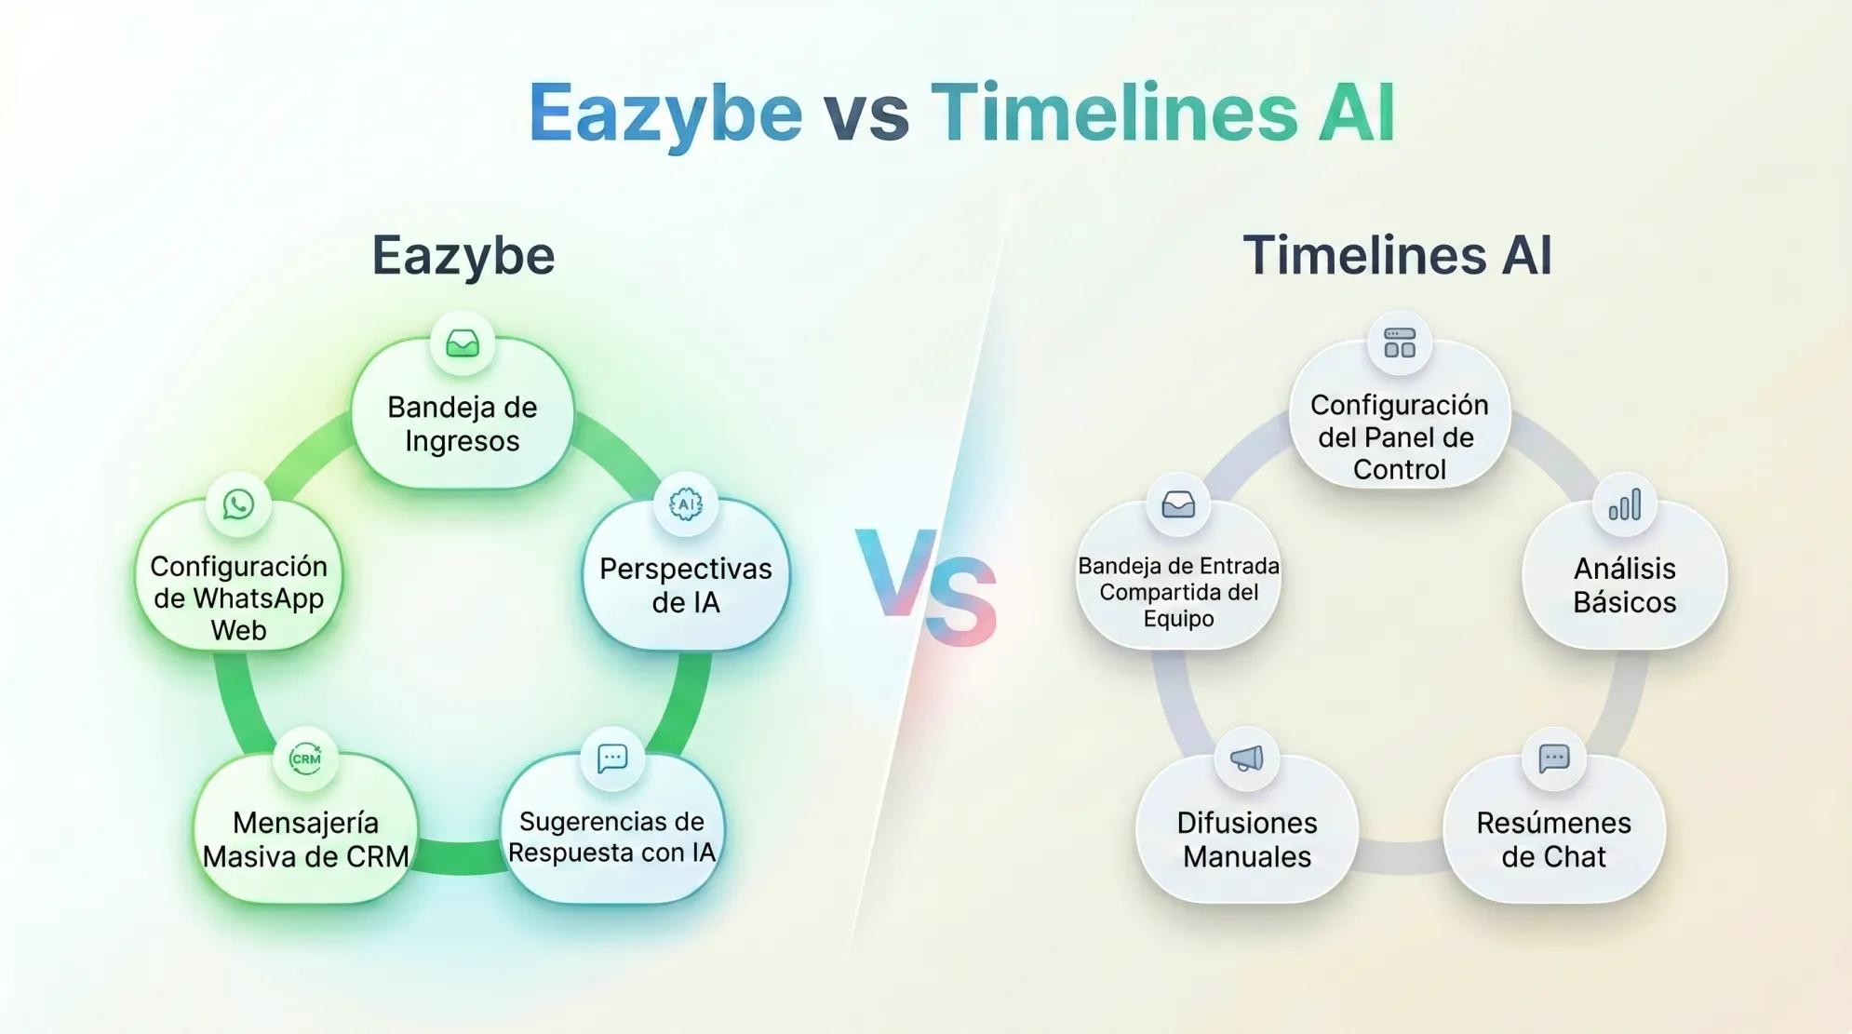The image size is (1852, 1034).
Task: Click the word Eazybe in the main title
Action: click(664, 114)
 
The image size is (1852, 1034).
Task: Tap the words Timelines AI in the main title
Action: click(1162, 114)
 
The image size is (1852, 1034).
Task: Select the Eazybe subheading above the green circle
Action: click(463, 255)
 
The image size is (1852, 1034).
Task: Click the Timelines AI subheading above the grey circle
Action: click(1397, 255)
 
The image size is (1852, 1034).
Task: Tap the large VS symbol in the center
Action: click(926, 586)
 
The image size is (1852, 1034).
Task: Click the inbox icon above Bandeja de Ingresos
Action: click(463, 343)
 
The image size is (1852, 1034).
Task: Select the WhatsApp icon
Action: click(238, 504)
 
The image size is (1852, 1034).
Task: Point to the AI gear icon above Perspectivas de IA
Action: click(686, 504)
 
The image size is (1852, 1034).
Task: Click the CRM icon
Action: click(305, 759)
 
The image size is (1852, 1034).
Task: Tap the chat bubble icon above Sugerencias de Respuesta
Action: click(611, 759)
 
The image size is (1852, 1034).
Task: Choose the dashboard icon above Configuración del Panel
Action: click(1399, 343)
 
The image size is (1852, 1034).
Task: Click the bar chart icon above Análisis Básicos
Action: click(1624, 505)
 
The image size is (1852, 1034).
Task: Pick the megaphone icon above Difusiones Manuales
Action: click(1246, 759)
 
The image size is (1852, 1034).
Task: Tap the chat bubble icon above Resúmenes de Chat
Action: click(1553, 759)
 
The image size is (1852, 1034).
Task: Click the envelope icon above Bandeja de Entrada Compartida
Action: click(1178, 504)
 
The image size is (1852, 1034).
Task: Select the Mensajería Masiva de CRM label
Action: click(305, 839)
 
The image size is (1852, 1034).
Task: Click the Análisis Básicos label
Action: click(1624, 585)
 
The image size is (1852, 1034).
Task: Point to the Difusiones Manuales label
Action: click(1246, 839)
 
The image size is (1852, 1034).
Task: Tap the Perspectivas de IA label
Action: click(686, 585)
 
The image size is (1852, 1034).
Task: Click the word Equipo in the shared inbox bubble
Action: click(1178, 619)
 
